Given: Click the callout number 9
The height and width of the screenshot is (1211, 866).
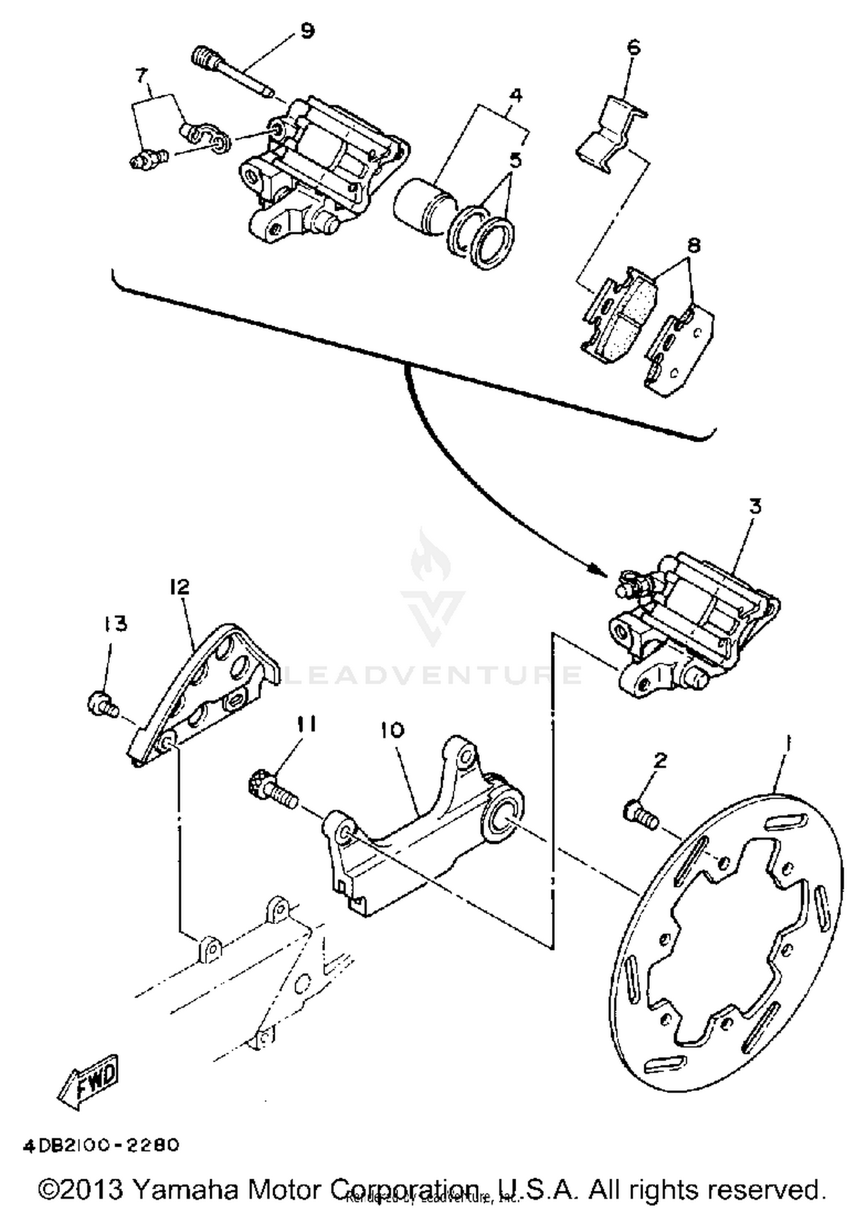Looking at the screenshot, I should tap(308, 31).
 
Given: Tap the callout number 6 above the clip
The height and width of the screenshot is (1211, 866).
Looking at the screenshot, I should tap(633, 47).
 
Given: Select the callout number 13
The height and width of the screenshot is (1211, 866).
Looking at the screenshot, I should tap(115, 624).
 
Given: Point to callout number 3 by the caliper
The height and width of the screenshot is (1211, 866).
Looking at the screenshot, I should tap(755, 506).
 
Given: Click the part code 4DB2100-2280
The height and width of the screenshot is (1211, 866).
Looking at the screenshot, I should tap(101, 1145).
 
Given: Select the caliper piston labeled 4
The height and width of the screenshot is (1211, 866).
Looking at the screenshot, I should tap(421, 202).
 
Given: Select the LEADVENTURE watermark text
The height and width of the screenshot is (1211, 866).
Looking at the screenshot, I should tap(433, 675).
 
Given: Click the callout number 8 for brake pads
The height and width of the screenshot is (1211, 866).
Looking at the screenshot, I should tap(693, 245).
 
